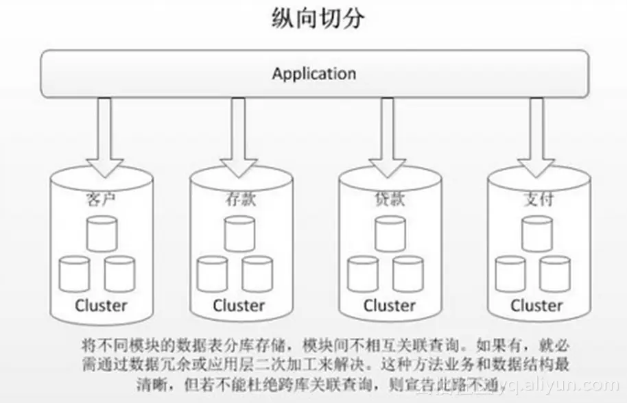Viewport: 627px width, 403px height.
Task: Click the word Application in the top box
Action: (313, 73)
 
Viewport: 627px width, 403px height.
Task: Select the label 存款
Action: (237, 199)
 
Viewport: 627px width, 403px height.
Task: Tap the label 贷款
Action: (388, 199)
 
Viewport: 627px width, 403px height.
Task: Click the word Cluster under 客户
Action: (101, 305)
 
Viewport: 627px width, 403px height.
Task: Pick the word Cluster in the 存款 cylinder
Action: (238, 305)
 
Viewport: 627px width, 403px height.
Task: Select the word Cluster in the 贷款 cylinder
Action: (389, 305)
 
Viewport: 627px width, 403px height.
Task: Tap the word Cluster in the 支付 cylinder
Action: (536, 305)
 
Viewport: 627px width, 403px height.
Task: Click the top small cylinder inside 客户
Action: (101, 234)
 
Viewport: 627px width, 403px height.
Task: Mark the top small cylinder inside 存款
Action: (238, 234)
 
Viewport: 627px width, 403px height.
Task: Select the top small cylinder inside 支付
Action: (536, 234)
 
